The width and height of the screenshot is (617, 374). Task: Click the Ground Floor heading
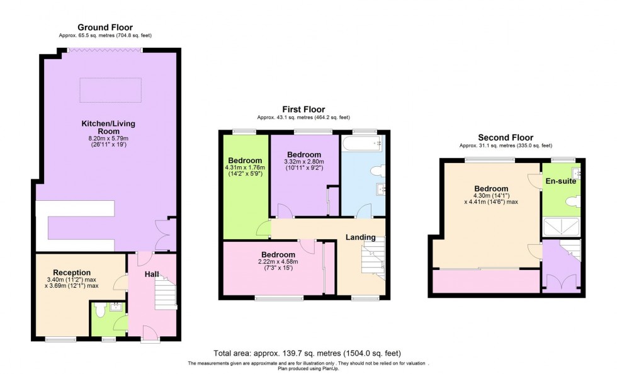[x=105, y=27]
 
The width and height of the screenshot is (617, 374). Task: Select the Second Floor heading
[x=505, y=137]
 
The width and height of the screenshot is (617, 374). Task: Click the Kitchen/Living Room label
[x=108, y=128]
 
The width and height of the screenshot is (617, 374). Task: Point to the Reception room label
[x=71, y=273]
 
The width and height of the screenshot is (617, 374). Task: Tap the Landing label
[x=360, y=237]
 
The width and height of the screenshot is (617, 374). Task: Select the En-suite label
[x=560, y=181]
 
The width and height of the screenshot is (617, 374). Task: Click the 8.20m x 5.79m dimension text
[x=108, y=139]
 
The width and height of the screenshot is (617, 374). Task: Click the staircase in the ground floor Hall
[x=165, y=294]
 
